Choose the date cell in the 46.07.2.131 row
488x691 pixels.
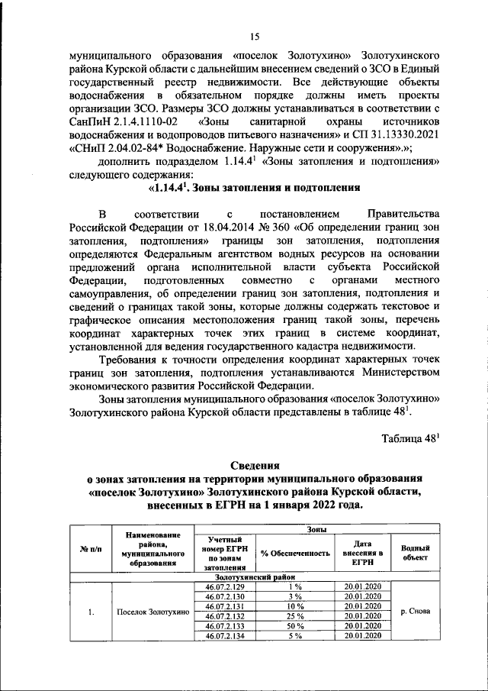coord(361,605)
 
